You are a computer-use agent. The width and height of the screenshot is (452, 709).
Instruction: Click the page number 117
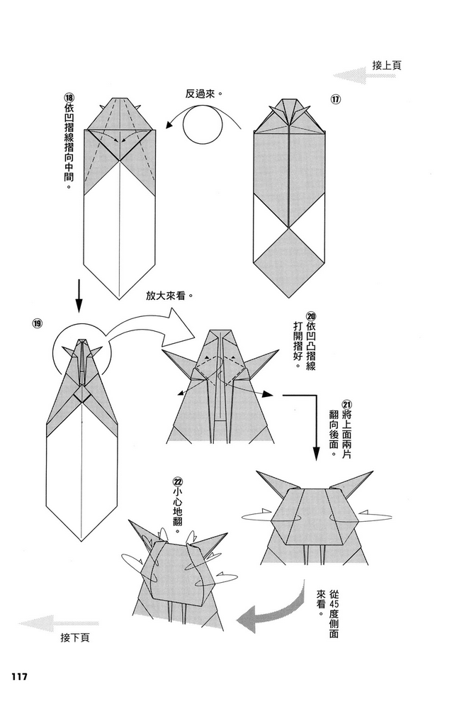click(x=19, y=676)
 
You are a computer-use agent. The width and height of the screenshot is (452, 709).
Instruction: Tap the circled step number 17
click(x=336, y=99)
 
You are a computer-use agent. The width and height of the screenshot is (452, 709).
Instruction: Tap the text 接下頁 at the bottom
click(x=76, y=638)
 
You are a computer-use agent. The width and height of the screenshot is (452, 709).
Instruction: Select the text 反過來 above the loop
click(x=204, y=93)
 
